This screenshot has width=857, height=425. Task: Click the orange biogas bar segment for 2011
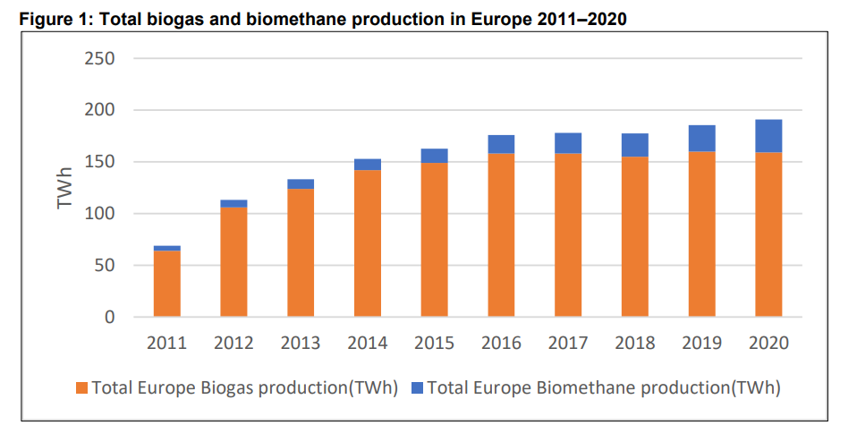tap(166, 284)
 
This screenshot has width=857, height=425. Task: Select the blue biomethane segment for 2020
tap(768, 136)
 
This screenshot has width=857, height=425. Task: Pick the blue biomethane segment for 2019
tap(701, 138)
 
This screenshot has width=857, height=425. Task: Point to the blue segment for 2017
tap(568, 143)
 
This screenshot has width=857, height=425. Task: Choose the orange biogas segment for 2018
tap(635, 236)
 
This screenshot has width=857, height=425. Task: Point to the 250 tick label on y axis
tap(100, 59)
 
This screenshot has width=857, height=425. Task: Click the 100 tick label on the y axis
tap(100, 214)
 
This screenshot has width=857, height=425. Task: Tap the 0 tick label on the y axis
tap(109, 318)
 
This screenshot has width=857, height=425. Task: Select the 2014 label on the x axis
tap(368, 343)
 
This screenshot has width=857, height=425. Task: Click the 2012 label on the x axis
tap(233, 343)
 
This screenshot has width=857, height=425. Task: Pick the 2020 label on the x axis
tap(768, 343)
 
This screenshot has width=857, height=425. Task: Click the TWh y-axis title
tap(64, 188)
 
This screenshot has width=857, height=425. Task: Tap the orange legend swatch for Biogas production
tap(82, 388)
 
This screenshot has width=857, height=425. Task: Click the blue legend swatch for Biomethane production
tap(417, 388)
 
